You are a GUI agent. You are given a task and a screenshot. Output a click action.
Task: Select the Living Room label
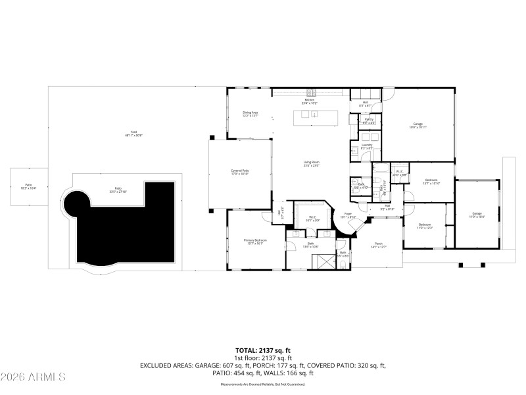click(x=311, y=163)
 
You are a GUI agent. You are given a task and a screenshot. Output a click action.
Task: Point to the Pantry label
click(x=369, y=120)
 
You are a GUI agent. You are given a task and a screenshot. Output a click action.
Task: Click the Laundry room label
click(x=366, y=146)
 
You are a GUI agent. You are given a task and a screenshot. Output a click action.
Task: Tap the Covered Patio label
click(x=239, y=172)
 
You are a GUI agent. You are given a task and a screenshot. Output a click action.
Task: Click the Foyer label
click(x=347, y=216)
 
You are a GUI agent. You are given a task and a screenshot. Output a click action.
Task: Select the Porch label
click(x=379, y=245)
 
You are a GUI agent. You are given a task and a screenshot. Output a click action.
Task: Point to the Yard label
click(x=133, y=134)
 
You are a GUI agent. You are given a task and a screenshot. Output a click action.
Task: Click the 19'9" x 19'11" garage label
click(x=418, y=125)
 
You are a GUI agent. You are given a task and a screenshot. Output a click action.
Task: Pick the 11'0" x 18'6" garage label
click(x=477, y=215)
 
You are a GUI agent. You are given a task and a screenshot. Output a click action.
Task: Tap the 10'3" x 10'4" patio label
click(x=28, y=186)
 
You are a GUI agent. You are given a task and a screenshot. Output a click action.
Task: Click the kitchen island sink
click(x=315, y=115)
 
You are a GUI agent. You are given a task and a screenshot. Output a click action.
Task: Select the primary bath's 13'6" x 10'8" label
click(x=310, y=246)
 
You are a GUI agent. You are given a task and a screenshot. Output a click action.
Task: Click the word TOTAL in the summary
click(x=247, y=350)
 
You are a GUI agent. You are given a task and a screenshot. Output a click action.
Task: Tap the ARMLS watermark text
click(x=33, y=377)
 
